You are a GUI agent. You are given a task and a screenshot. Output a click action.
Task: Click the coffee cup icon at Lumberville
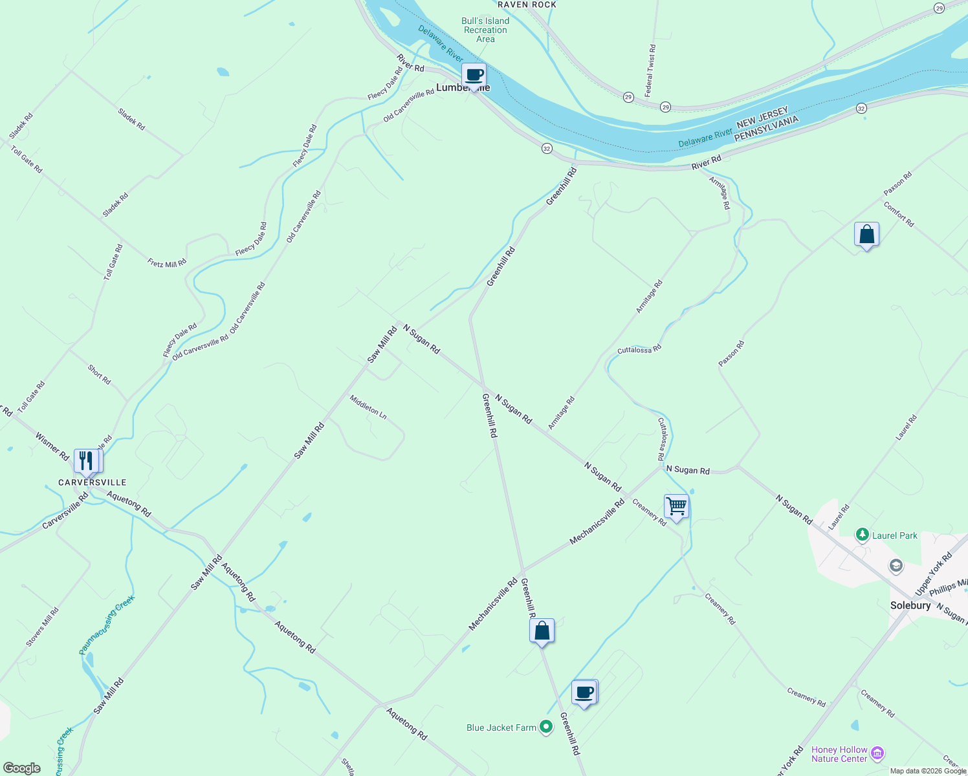474,75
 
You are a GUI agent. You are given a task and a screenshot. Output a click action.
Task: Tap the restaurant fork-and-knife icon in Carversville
87,461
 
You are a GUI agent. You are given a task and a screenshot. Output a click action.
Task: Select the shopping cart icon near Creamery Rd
676,506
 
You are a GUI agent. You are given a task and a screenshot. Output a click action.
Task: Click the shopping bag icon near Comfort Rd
866,235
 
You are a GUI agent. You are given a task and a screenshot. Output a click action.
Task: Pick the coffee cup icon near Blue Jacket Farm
584,693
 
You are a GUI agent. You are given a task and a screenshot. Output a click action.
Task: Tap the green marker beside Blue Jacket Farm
546,727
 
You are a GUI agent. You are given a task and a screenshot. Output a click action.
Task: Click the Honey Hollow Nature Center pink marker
877,753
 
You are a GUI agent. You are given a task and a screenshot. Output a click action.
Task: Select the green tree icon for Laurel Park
861,535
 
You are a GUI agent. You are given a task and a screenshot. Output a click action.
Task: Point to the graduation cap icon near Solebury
896,566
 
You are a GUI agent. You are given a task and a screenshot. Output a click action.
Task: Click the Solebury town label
910,606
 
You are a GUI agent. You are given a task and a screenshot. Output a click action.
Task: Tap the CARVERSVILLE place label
93,482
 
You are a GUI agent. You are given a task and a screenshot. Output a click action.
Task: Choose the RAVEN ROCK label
527,5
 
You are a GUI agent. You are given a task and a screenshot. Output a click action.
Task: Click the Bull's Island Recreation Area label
485,30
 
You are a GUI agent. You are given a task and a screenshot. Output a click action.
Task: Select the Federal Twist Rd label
650,72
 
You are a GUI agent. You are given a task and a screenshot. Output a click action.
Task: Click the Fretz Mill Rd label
167,263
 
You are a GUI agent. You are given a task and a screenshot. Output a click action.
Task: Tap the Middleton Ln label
368,407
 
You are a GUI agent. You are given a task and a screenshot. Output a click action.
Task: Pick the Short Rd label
99,374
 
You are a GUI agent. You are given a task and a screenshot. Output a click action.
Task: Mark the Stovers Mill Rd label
43,627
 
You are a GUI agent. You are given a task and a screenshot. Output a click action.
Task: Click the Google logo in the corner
21,768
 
